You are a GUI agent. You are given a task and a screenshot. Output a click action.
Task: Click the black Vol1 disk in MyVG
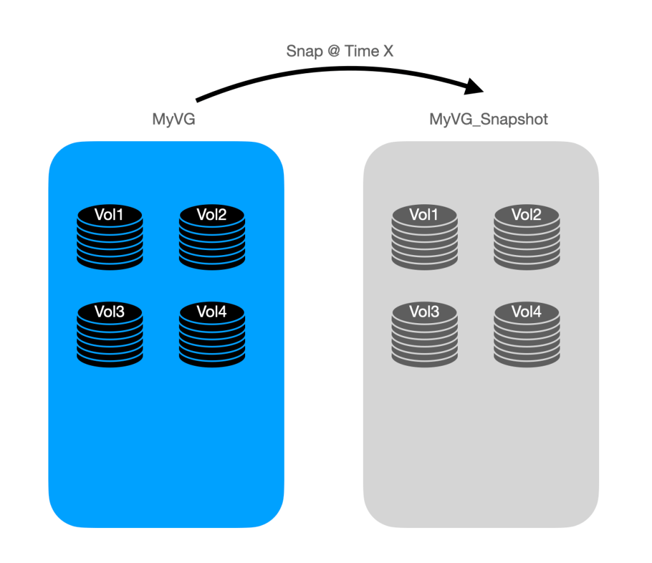pos(110,237)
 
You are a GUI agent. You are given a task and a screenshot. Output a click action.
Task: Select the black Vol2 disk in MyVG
pos(212,237)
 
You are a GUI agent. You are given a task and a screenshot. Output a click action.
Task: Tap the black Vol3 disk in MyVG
pos(110,333)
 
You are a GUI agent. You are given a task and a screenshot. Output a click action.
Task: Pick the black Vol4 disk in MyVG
pos(212,333)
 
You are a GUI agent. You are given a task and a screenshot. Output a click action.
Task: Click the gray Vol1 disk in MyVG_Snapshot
pos(424,237)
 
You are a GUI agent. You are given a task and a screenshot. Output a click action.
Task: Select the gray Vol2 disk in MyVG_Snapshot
pos(527,237)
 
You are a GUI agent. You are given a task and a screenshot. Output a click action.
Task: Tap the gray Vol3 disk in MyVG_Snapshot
pos(424,333)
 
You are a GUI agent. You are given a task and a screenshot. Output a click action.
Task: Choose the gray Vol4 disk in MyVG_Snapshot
pos(527,333)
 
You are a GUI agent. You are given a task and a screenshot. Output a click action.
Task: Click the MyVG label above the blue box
pos(173,119)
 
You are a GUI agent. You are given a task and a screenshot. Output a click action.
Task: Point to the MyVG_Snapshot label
pos(488,119)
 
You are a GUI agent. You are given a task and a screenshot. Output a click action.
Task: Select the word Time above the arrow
pos(362,52)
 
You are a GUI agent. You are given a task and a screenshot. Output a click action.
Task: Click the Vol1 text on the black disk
pos(110,215)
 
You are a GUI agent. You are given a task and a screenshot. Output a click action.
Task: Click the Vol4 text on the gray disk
pos(527,312)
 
